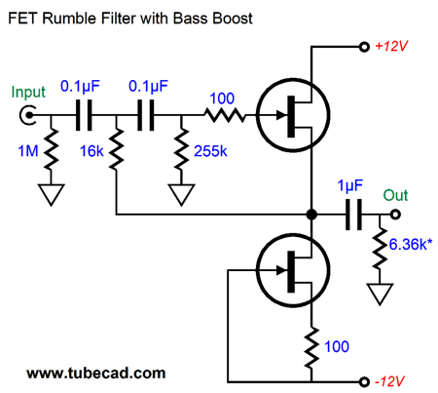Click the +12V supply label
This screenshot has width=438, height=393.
tap(391, 46)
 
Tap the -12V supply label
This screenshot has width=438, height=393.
tap(389, 381)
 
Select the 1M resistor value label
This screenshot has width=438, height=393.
tap(28, 151)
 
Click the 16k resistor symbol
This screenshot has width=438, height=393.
tap(116, 149)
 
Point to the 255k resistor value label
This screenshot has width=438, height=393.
tap(210, 151)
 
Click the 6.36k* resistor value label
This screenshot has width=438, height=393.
tap(411, 245)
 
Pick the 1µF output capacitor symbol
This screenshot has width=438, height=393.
tap(353, 215)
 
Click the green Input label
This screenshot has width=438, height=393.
tap(28, 93)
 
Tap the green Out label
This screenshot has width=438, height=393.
tap(395, 195)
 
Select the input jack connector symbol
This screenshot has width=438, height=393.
tap(27, 115)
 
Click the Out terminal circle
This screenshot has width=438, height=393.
tap(395, 215)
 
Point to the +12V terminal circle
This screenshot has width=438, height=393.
tap(364, 47)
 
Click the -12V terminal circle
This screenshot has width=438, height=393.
tap(364, 381)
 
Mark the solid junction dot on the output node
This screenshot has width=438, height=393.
tap(311, 215)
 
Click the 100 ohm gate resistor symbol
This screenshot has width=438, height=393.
tap(225, 115)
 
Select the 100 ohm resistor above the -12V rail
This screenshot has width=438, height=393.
tap(311, 348)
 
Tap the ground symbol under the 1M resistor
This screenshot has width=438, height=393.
tap(51, 194)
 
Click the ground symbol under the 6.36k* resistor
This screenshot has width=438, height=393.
tap(380, 294)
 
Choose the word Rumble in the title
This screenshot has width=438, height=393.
tap(70, 19)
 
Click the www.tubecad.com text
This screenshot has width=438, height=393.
tap(96, 373)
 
